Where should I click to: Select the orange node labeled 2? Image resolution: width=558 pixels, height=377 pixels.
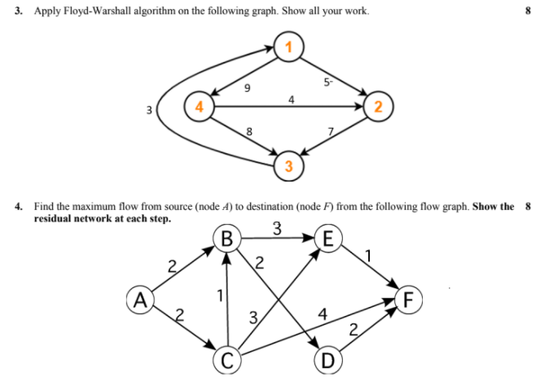378,107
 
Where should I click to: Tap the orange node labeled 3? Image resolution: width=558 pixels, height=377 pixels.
287,167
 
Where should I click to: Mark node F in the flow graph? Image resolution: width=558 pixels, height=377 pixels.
412,298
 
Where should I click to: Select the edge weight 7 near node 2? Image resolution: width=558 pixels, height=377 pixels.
330,132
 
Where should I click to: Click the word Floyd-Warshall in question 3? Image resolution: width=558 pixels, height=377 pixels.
90,11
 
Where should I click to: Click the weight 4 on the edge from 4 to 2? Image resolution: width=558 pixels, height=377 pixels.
291,99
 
